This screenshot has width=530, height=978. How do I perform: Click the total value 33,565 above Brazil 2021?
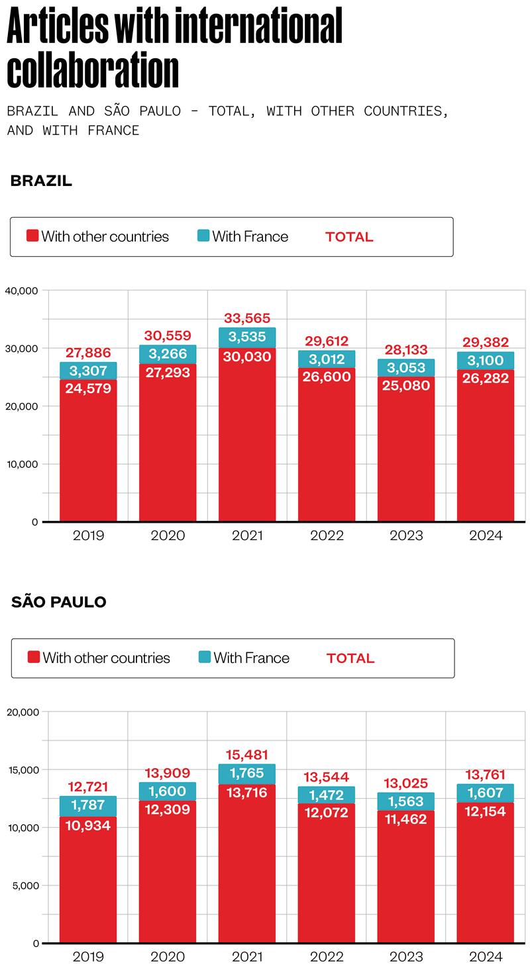coord(247,318)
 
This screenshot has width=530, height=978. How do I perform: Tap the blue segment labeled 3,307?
coord(88,371)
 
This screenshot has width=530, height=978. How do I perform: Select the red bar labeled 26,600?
coord(327,443)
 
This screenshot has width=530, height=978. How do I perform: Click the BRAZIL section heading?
coord(41,181)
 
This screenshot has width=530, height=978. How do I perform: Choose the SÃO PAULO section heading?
coord(59,602)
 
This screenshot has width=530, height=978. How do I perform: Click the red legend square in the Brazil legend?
coord(32,236)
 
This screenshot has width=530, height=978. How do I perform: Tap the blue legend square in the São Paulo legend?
coord(204,657)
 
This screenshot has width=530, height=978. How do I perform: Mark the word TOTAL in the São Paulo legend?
coord(350,658)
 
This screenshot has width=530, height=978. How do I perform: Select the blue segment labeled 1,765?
coord(247,774)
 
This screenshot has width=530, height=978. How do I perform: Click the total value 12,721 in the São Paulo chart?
coord(88,787)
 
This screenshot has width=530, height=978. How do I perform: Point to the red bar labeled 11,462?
coord(406,873)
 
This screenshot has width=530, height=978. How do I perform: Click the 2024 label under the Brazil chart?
coord(486,535)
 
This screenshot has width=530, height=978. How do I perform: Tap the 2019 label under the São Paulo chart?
coord(88,957)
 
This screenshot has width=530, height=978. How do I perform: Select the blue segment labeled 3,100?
coord(486,361)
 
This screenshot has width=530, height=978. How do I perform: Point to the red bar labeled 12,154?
coord(486,873)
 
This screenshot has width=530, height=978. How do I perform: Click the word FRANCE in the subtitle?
coord(113,130)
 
